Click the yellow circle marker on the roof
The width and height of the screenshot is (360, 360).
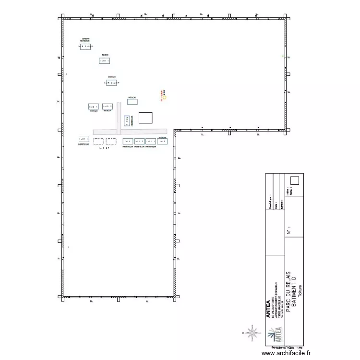coord(165,97)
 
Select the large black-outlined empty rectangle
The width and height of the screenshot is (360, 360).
coord(145,118)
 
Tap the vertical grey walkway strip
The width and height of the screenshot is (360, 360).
coord(118,119)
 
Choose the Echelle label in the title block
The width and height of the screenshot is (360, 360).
coord(282,204)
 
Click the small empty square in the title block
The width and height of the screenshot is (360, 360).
coord(295,180)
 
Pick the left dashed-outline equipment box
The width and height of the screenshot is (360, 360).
coord(98,141)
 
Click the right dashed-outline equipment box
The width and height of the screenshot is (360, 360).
coord(111,141)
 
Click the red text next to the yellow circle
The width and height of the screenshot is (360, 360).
coord(162,92)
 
